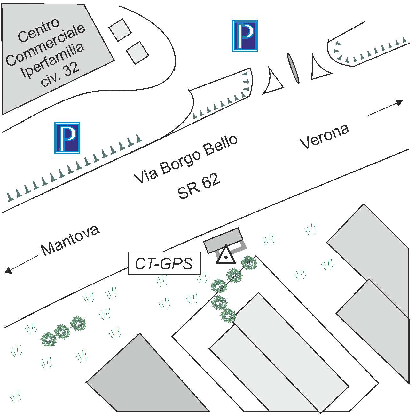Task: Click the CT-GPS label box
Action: tap(164, 263)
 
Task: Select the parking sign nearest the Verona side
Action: tap(245, 36)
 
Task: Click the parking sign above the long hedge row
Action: tap(67, 138)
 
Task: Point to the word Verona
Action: tap(325, 136)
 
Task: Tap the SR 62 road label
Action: tap(199, 187)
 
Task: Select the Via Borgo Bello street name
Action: tap(186, 159)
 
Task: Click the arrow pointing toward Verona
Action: tap(385, 108)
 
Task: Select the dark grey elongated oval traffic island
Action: tap(294, 68)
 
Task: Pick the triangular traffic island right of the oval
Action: tap(319, 69)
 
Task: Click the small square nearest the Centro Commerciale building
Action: tap(120, 30)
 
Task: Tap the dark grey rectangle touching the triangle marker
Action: tap(223, 240)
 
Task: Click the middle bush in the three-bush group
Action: tap(62, 332)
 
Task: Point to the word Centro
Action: tap(38, 30)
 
